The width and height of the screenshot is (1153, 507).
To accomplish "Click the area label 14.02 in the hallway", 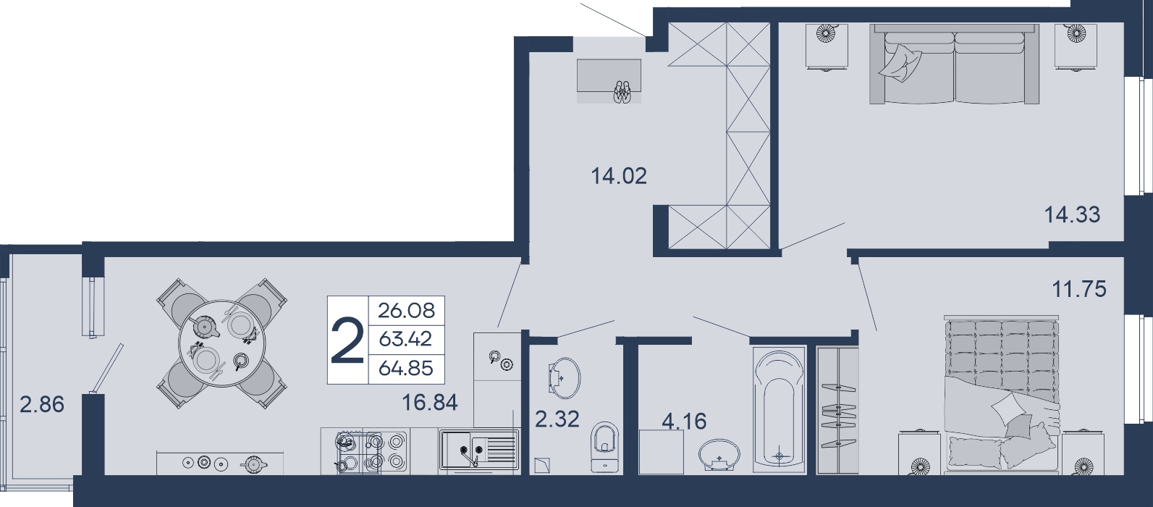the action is click(x=619, y=176).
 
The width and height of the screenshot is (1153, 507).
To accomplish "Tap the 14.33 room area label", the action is click(x=1072, y=214).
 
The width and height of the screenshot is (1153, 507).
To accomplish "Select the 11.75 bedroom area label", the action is click(x=1079, y=289).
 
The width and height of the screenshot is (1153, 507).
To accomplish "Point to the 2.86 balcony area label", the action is click(x=42, y=404).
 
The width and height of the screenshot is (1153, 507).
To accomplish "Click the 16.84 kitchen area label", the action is click(x=430, y=403).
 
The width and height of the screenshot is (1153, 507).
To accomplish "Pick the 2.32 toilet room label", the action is click(x=557, y=419).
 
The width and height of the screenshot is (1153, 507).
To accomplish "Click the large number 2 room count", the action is click(x=347, y=340).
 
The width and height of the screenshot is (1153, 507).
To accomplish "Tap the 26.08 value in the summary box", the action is click(x=407, y=311).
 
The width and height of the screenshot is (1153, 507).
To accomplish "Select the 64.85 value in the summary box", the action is click(x=406, y=369).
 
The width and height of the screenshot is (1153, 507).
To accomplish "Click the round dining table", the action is click(x=221, y=343).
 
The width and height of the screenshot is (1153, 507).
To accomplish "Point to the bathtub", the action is click(x=779, y=410).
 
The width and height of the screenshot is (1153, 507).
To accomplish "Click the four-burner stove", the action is click(x=371, y=451).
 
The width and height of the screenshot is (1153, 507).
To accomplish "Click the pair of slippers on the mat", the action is click(x=622, y=92).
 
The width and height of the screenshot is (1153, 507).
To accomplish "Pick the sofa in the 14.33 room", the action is click(x=954, y=64).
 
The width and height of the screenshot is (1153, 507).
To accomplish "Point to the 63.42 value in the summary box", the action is click(x=405, y=340).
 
